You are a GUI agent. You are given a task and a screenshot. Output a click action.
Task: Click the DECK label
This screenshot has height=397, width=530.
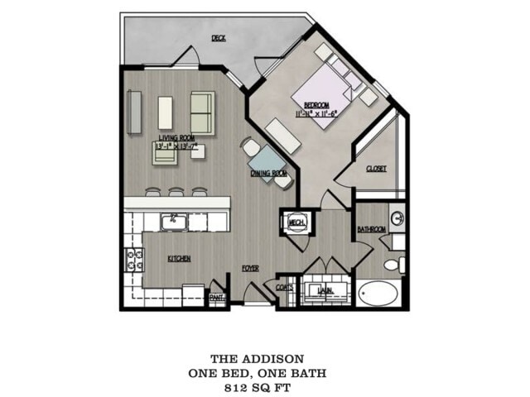point(219,38)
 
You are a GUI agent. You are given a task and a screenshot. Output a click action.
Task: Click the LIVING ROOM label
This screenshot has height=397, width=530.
point(176,137)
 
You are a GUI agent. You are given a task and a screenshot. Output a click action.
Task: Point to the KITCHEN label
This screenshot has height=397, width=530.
point(179,259)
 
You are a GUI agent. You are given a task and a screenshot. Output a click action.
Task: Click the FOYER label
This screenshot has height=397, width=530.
point(250,269)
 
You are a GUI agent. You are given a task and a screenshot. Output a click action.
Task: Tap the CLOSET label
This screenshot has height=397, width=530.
point(377,168)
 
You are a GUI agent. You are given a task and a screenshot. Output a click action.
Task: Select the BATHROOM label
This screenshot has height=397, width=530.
point(372,229)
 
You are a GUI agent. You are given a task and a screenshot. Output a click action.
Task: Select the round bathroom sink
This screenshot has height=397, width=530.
point(397,219)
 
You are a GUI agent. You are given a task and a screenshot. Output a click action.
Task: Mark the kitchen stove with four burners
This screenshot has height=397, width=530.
point(131,263)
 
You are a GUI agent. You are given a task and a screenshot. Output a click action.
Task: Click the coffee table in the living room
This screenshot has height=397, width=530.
point(166,112)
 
